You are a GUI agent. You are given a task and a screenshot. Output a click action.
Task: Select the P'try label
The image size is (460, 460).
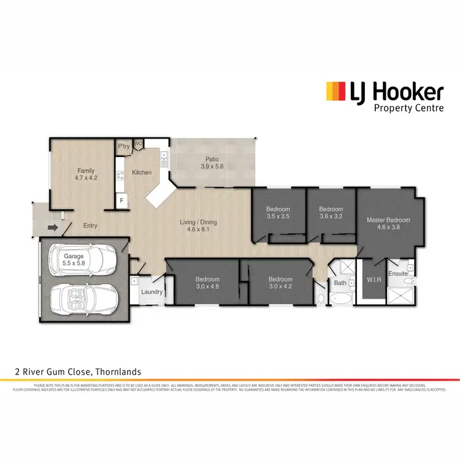tap(125, 147)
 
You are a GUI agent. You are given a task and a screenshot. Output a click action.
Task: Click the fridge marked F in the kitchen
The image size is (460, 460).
tap(122, 201)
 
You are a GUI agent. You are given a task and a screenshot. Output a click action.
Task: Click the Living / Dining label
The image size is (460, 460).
tap(197, 226)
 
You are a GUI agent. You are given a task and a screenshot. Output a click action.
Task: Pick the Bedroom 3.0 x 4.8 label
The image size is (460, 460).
tap(208, 283)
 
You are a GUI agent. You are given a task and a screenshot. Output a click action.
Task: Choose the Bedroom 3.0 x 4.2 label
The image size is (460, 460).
tap(280, 283)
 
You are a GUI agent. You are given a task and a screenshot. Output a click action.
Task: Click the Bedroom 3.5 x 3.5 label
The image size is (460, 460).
tap(278, 212)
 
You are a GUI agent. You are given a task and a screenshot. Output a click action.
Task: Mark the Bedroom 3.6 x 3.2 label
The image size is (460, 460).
tap(331, 212)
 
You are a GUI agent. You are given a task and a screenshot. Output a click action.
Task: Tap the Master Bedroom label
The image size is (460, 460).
tap(388, 223)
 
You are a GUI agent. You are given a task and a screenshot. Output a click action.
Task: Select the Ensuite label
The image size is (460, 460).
tap(398, 274)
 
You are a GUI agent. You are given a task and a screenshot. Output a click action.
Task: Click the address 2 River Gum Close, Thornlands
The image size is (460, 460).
tap(78, 372)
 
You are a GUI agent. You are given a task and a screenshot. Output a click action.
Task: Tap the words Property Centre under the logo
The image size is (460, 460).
tap(408, 109)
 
